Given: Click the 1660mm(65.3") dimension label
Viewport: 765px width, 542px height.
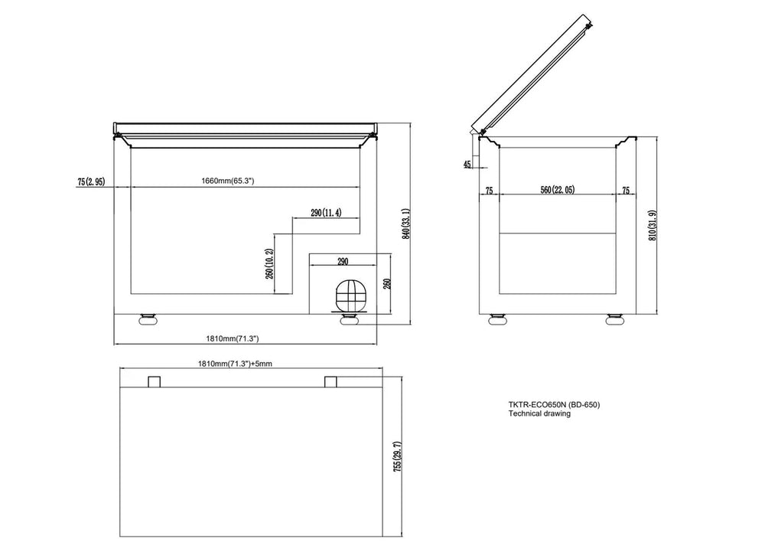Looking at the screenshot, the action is (228, 181).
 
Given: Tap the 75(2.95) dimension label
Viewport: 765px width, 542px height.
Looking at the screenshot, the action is (91, 182).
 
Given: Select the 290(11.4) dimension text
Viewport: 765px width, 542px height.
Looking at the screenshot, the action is (326, 213).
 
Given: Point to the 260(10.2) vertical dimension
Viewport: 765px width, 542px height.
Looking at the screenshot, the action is (270, 263).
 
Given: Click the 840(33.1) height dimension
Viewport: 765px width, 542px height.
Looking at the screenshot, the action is (405, 224).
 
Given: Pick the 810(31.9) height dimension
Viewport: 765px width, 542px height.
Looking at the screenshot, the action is (653, 226).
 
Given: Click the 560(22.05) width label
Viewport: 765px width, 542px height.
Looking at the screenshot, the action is (557, 190).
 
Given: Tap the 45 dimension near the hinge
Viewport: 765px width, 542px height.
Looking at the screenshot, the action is (467, 164).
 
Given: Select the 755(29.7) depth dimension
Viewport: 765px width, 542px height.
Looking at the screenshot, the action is (398, 456).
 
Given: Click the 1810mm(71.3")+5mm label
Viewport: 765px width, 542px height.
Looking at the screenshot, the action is (235, 364).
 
